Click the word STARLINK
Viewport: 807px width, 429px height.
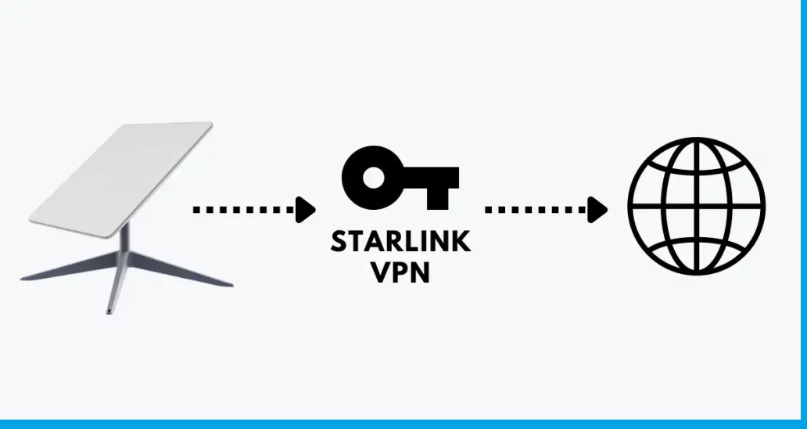(x=400, y=241)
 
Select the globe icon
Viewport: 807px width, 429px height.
(x=696, y=206)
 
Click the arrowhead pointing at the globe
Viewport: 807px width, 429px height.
(x=599, y=209)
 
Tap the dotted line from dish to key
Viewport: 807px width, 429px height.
(x=242, y=209)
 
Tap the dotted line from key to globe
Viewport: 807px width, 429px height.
(x=536, y=209)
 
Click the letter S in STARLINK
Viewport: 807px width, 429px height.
(x=338, y=241)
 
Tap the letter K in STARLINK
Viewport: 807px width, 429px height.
(x=462, y=241)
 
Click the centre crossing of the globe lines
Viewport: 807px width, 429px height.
(x=696, y=206)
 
